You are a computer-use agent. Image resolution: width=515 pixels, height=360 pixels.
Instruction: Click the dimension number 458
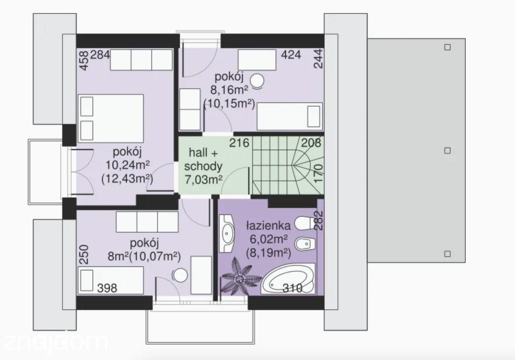click(85, 61)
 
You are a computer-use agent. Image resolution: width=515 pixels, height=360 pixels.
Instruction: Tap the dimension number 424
click(291, 55)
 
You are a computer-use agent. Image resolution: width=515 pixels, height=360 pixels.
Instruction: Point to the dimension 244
click(319, 59)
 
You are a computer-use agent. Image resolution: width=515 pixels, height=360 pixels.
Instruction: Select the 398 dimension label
click(107, 288)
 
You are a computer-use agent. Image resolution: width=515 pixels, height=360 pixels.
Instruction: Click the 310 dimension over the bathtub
click(292, 288)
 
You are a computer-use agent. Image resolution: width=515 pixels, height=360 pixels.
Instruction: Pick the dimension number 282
click(319, 221)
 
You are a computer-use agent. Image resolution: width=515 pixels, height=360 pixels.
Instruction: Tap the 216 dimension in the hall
click(239, 143)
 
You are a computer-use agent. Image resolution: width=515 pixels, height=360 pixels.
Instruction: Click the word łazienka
click(269, 226)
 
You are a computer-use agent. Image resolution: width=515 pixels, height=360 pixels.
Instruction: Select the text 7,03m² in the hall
click(204, 180)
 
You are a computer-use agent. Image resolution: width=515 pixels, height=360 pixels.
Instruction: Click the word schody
click(203, 166)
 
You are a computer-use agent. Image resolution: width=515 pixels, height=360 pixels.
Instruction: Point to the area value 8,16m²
click(230, 90)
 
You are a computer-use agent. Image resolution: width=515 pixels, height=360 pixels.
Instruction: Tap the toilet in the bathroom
click(304, 223)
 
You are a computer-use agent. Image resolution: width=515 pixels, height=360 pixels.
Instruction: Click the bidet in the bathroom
click(305, 244)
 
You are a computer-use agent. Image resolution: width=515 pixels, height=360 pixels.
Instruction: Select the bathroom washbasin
click(227, 233)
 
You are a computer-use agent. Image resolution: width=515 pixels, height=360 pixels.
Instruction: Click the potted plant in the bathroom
click(240, 279)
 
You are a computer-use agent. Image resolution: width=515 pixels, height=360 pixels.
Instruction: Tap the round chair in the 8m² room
click(180, 275)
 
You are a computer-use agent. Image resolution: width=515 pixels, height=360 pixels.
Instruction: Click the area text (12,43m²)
click(127, 179)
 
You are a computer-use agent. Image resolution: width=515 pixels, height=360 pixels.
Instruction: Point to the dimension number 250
click(85, 254)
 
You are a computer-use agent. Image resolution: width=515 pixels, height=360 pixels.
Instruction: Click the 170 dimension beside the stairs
click(319, 173)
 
